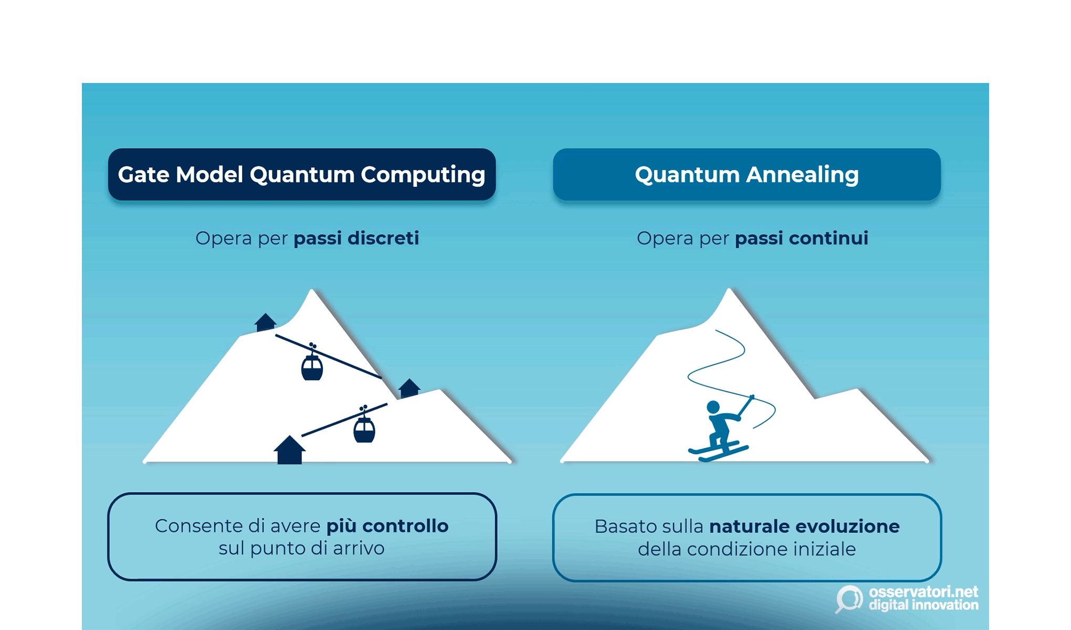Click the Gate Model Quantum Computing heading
pyautogui.click(x=301, y=175)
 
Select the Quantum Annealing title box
pyautogui.click(x=747, y=175)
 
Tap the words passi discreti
pyautogui.click(x=356, y=238)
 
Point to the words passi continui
pyautogui.click(x=801, y=238)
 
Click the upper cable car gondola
pyautogui.click(x=312, y=367)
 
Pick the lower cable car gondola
pyautogui.click(x=364, y=430)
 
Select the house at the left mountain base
pyautogui.click(x=289, y=451)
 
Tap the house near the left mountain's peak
pyautogui.click(x=265, y=322)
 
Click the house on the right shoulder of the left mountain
pyautogui.click(x=409, y=388)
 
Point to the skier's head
pyautogui.click(x=713, y=407)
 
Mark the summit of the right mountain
pyautogui.click(x=729, y=290)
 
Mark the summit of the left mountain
pyautogui.click(x=312, y=291)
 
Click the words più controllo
pyautogui.click(x=387, y=526)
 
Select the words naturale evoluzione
pyautogui.click(x=804, y=527)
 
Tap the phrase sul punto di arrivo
pyautogui.click(x=301, y=549)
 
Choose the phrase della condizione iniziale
pyautogui.click(x=747, y=550)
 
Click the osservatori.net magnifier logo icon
pyautogui.click(x=849, y=599)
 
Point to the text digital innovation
pyautogui.click(x=923, y=605)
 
